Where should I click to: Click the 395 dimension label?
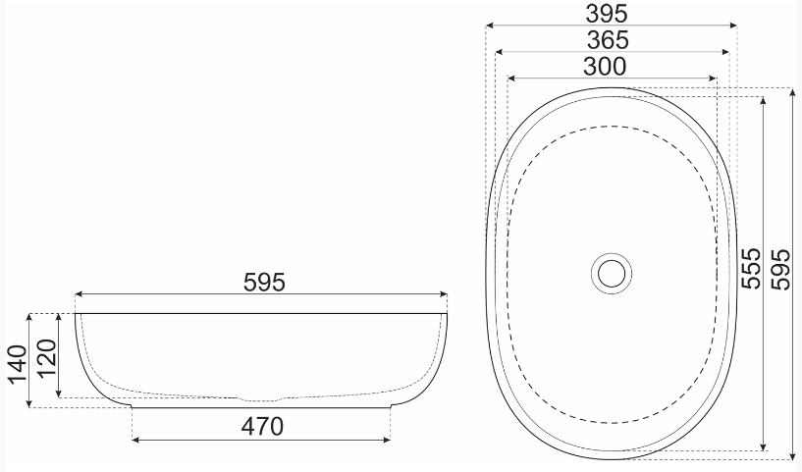[x=606, y=14]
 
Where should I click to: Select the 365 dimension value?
[x=608, y=40]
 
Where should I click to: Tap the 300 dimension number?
[x=605, y=67]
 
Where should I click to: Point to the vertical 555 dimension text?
[x=751, y=269]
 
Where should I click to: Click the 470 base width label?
[x=262, y=427]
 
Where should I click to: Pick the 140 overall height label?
[x=18, y=364]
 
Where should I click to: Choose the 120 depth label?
[x=47, y=357]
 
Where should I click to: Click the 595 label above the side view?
[x=264, y=283]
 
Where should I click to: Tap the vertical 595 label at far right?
[x=781, y=270]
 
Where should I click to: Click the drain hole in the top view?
[x=612, y=273]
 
